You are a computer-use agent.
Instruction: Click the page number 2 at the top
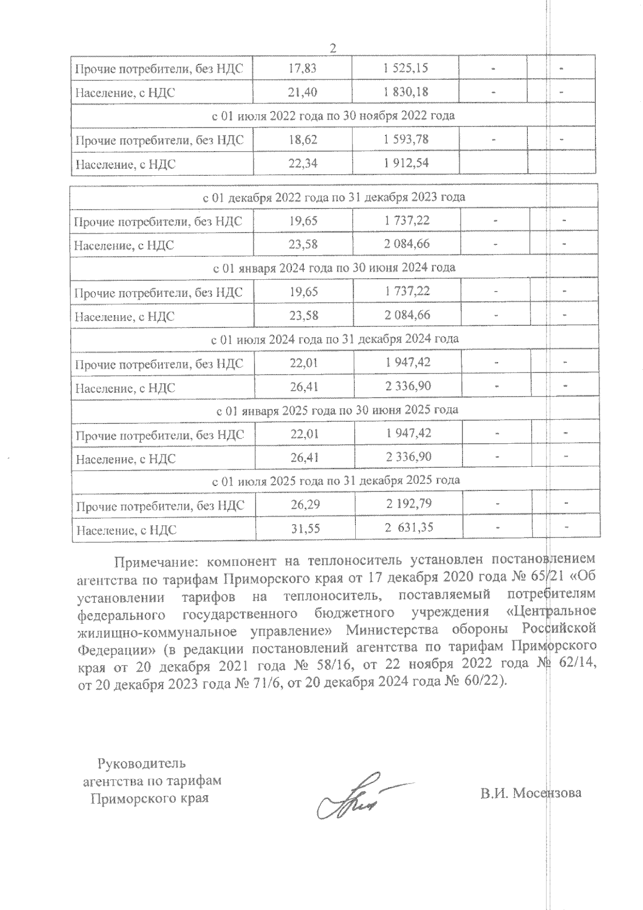332,48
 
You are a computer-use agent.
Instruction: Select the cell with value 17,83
302,68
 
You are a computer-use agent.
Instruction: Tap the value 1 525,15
406,68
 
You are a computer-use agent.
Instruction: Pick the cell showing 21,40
302,92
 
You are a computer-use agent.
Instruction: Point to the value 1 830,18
406,92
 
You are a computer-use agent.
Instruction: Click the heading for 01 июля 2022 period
333,115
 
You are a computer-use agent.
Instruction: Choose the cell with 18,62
303,139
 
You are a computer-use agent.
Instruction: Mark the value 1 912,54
406,163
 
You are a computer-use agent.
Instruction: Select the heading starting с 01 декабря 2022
334,197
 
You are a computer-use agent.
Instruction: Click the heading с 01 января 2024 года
334,267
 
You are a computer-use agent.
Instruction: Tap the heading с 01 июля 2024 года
335,339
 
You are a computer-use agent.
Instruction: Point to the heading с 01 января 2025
337,410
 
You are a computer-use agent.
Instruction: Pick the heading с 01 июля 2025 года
336,480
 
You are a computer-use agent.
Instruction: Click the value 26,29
305,504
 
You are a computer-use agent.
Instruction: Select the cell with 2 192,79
409,504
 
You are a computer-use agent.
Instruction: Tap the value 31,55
305,529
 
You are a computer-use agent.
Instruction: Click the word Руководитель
141,763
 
